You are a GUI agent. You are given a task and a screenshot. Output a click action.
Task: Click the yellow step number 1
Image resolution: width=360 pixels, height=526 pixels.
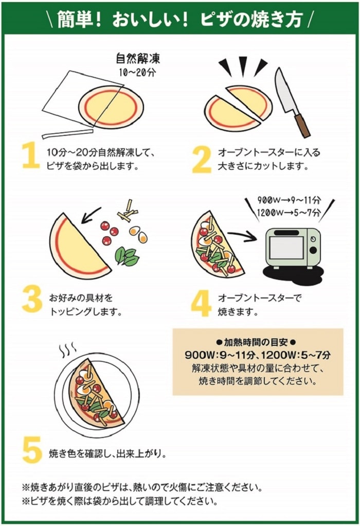(31, 154)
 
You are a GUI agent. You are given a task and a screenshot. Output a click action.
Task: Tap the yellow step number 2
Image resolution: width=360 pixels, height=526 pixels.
(202, 160)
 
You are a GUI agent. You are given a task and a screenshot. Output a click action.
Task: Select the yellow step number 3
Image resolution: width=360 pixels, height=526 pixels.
(32, 299)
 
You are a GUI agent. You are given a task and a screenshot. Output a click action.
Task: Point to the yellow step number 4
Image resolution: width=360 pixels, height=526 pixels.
(201, 304)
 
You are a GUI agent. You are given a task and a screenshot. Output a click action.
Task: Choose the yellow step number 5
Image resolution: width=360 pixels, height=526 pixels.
(32, 450)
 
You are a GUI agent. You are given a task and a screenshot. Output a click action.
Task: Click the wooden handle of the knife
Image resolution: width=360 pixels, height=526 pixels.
(302, 126)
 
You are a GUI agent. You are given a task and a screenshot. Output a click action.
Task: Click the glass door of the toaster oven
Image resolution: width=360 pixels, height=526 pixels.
(286, 248)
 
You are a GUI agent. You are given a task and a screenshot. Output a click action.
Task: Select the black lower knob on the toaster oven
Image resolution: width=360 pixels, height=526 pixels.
(313, 250)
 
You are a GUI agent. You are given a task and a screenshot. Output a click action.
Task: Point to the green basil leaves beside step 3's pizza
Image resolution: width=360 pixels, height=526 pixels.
(127, 256)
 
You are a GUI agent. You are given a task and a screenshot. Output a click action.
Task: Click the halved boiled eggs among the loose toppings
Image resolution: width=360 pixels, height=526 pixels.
(138, 234)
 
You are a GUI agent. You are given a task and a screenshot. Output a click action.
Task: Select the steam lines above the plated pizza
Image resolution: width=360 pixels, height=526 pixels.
(67, 350)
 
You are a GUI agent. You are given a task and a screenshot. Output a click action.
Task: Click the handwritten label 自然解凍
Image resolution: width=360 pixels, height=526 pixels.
(138, 58)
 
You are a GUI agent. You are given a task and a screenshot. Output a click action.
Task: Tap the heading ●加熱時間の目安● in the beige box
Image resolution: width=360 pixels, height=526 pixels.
(256, 342)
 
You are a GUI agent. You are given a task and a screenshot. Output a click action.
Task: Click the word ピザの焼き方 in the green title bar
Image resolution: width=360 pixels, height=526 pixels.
(251, 19)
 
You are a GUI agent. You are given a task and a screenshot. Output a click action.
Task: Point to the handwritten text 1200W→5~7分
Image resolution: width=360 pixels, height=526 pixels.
(289, 213)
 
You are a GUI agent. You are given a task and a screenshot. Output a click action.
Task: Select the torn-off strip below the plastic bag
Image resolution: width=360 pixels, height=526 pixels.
(67, 133)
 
